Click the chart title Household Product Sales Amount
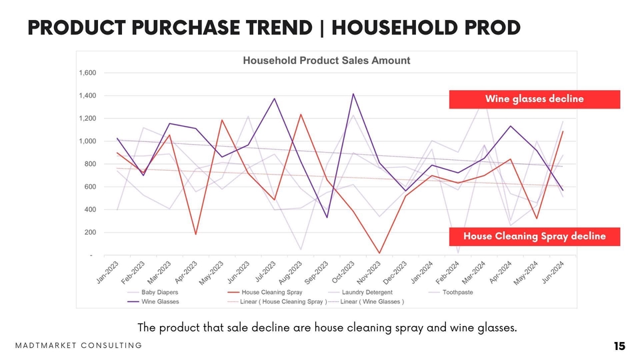(x=326, y=61)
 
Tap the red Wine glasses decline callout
(x=534, y=99)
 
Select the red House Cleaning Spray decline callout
(x=534, y=237)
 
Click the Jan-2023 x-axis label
(x=107, y=273)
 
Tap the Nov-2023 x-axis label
(x=369, y=273)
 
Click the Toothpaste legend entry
(x=457, y=293)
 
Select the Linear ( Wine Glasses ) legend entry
(x=372, y=302)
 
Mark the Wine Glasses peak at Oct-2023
(x=353, y=94)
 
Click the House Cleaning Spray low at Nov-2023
(x=379, y=253)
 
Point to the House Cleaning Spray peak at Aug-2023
(x=301, y=114)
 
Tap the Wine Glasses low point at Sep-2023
(x=327, y=217)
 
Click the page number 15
(x=619, y=346)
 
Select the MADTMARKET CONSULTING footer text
(x=79, y=345)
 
